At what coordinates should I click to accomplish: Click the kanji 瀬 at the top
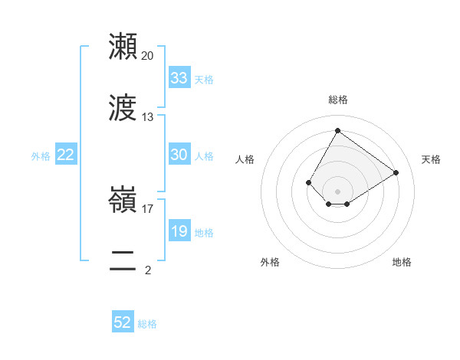point(123,47)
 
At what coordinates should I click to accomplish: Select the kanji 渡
point(123,108)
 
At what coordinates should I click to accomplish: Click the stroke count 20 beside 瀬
point(148,56)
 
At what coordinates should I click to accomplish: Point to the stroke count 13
point(148,117)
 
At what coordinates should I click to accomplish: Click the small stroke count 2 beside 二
point(148,270)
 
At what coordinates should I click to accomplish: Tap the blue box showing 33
point(179,78)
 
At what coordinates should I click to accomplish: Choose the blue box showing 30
point(179,155)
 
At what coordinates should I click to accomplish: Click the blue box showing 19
point(179,231)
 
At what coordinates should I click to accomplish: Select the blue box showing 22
point(66,155)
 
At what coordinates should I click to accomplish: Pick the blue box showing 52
point(123,322)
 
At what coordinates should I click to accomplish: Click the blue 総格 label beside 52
point(147,324)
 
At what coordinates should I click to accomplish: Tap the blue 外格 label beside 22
point(41,156)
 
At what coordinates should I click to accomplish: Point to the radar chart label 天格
point(431,159)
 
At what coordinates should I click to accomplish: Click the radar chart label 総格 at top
point(337,100)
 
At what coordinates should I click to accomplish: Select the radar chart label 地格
point(402,262)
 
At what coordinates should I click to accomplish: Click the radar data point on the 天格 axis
point(396,172)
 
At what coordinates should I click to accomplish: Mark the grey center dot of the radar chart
point(337,191)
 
